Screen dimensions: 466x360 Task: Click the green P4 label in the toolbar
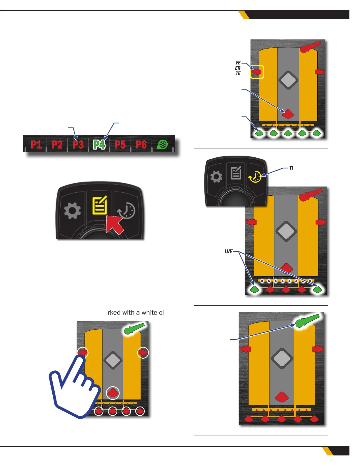99,144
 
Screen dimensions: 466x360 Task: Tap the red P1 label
36,144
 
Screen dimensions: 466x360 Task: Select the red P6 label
141,144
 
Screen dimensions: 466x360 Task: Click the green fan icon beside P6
162,144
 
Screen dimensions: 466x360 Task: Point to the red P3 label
78,144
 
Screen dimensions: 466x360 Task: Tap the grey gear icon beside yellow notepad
72,211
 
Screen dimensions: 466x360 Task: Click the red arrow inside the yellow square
257,72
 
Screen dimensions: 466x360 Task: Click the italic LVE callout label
229,252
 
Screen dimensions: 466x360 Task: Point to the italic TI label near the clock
291,168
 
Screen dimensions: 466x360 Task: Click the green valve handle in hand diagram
134,329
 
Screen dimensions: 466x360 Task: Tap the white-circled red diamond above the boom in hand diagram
113,393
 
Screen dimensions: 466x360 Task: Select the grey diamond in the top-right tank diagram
288,80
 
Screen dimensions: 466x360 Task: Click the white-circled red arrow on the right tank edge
143,352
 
